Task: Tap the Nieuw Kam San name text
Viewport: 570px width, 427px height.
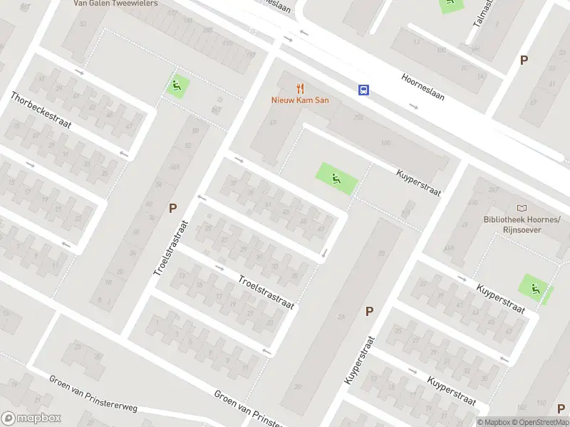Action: [x=300, y=100]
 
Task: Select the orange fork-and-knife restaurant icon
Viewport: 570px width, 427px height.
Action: [x=300, y=89]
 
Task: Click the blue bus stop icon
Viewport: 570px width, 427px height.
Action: [x=363, y=90]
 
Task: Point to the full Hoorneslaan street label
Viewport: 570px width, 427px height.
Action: [x=423, y=86]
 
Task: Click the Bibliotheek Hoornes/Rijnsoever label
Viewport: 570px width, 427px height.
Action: [x=522, y=224]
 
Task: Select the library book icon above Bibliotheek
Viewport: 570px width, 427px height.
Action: [x=522, y=208]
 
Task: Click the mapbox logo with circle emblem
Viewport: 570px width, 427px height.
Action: [x=31, y=418]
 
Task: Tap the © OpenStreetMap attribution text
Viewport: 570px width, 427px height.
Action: [x=540, y=422]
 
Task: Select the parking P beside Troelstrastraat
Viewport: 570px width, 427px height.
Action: [x=172, y=208]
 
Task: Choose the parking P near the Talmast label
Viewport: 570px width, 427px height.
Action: [x=524, y=60]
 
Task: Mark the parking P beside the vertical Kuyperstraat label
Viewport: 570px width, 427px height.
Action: [x=369, y=311]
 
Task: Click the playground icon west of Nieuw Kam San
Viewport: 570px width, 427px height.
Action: [x=177, y=87]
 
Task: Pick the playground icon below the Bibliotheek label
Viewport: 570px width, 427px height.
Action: [x=534, y=288]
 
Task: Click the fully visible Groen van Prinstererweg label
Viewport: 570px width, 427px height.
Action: [x=93, y=394]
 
